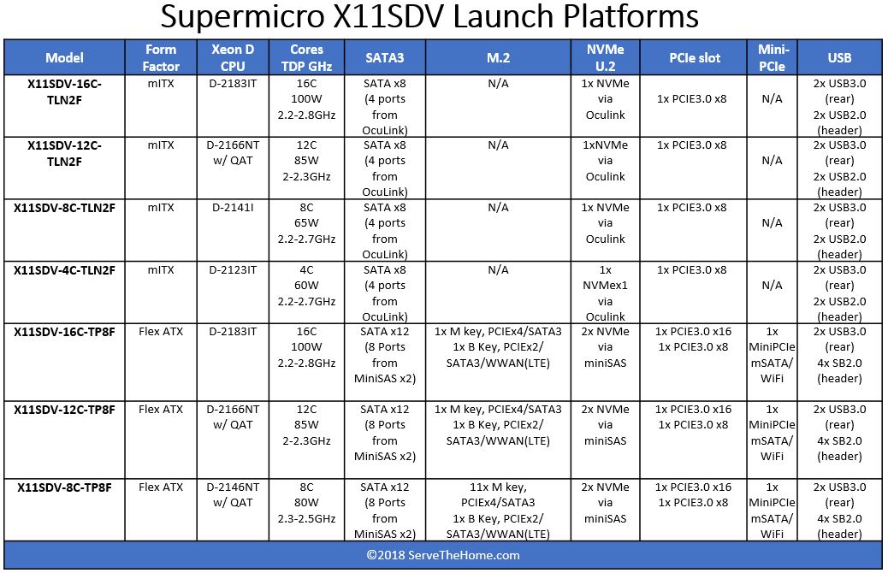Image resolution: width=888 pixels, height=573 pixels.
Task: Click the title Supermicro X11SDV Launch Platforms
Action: click(429, 16)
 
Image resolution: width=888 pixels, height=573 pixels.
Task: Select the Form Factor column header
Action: click(161, 58)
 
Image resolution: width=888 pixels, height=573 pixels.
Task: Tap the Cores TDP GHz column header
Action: click(306, 58)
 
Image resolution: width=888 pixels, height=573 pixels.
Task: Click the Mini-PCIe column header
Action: click(772, 58)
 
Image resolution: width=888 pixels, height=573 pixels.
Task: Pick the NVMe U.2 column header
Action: click(605, 58)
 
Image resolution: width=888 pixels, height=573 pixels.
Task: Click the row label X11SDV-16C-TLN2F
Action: click(64, 92)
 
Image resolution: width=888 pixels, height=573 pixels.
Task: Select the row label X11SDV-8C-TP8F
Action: click(64, 487)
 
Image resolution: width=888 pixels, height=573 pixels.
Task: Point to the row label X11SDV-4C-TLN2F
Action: click(64, 270)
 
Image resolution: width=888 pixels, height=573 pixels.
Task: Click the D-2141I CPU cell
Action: click(233, 208)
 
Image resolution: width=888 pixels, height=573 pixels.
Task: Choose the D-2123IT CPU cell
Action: click(233, 270)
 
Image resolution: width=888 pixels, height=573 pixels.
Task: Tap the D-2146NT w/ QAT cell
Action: click(233, 495)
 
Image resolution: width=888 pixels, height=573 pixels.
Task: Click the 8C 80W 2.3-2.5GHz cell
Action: click(306, 503)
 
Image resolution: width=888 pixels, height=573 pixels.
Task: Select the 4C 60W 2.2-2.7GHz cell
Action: click(306, 286)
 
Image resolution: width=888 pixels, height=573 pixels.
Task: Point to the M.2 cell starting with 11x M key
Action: click(498, 511)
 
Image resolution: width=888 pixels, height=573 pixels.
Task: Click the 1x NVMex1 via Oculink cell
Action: click(605, 293)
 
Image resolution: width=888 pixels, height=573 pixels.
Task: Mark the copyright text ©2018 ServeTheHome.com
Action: click(443, 555)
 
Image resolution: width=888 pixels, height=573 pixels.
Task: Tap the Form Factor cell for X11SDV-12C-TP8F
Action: click(161, 410)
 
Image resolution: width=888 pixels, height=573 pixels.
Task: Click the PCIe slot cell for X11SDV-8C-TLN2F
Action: click(691, 208)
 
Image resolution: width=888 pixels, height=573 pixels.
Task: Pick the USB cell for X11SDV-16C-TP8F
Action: click(839, 355)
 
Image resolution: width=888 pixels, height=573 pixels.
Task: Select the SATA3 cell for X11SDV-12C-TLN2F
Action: click(384, 168)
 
